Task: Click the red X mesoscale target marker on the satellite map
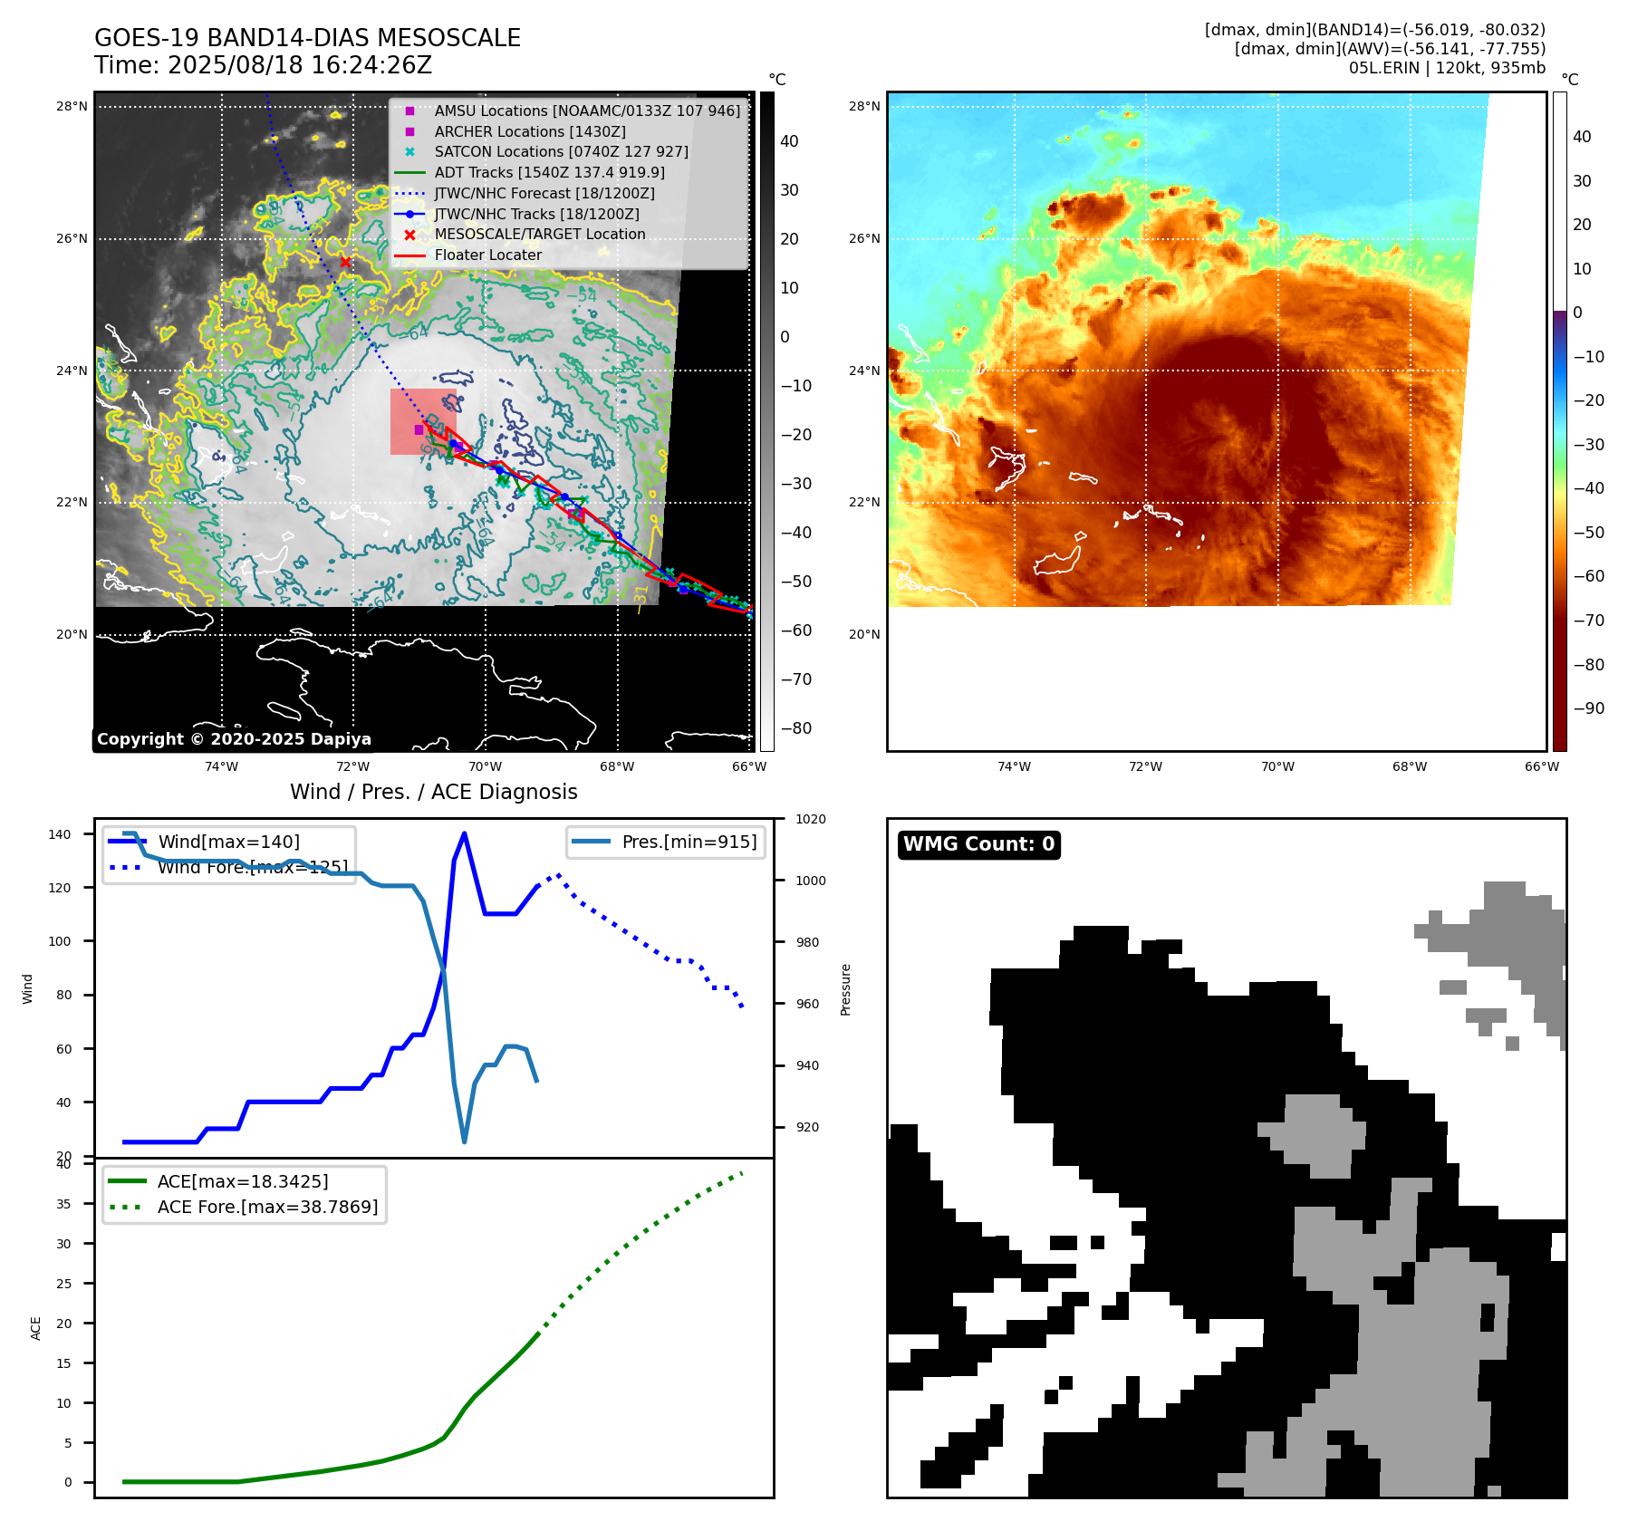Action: coord(345,262)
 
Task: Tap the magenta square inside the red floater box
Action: coord(419,429)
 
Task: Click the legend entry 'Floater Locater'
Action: coord(487,255)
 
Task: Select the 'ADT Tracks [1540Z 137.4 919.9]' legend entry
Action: coord(549,172)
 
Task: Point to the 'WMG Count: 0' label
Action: coord(978,844)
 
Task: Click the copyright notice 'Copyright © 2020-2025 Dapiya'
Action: coord(234,739)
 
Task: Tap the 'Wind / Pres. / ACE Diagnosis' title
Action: coord(433,792)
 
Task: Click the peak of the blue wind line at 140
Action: coord(464,833)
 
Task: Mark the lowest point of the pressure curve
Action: coord(465,1141)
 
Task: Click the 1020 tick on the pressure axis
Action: coord(811,819)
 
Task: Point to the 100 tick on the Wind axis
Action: coord(59,941)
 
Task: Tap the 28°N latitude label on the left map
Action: coord(72,106)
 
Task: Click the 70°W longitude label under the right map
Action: coord(1277,766)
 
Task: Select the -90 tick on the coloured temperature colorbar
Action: coord(1588,708)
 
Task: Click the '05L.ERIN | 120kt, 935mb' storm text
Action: coord(1447,68)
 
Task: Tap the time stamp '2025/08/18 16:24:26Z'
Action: coord(300,65)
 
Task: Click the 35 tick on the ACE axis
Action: coord(63,1204)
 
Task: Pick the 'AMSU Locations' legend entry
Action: coord(586,111)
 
